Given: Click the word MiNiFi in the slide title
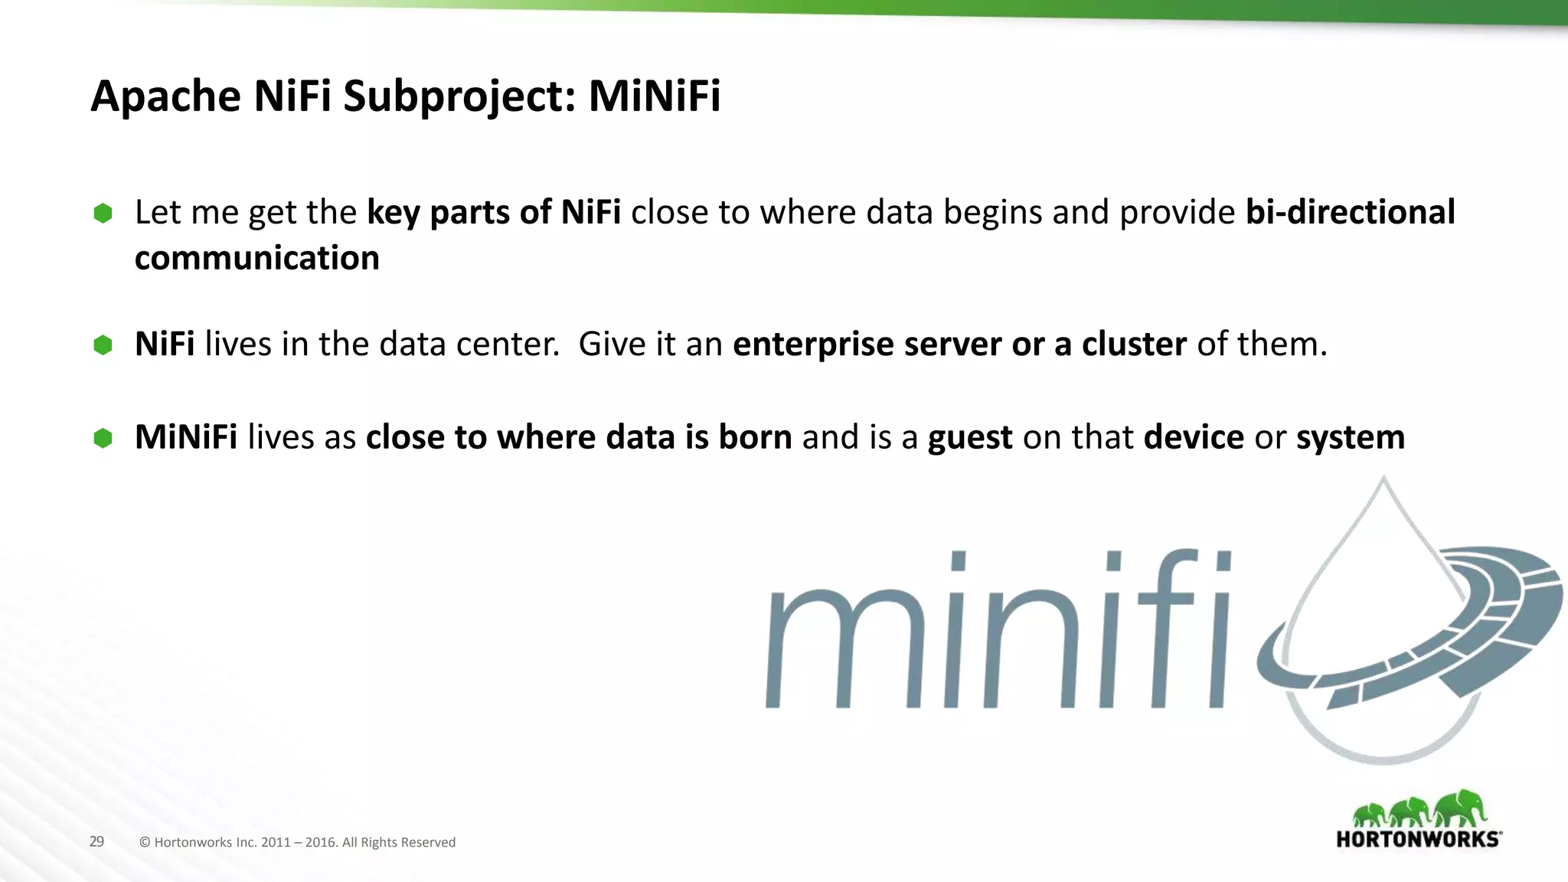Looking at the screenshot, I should click(x=654, y=96).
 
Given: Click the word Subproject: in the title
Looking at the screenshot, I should click(x=459, y=98).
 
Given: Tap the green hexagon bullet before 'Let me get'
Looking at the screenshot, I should click(x=103, y=213).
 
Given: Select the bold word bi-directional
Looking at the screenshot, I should click(x=1350, y=212).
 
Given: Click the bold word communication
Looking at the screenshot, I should click(x=257, y=258).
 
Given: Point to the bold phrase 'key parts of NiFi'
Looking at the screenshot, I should click(x=494, y=213).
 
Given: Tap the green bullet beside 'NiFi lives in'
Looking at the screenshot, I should click(x=103, y=345).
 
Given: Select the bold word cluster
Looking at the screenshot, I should click(x=1134, y=344).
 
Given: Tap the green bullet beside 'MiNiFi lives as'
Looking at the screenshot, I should click(x=103, y=438).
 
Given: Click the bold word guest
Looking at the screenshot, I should click(x=970, y=438).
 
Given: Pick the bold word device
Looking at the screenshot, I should click(x=1194, y=437).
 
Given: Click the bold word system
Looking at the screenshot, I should click(x=1351, y=438).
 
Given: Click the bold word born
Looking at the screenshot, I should click(x=755, y=437).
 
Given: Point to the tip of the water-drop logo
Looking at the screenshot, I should click(x=1383, y=479).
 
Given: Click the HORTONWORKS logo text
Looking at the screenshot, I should click(x=1418, y=839).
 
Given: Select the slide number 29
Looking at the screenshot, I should click(x=96, y=841).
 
